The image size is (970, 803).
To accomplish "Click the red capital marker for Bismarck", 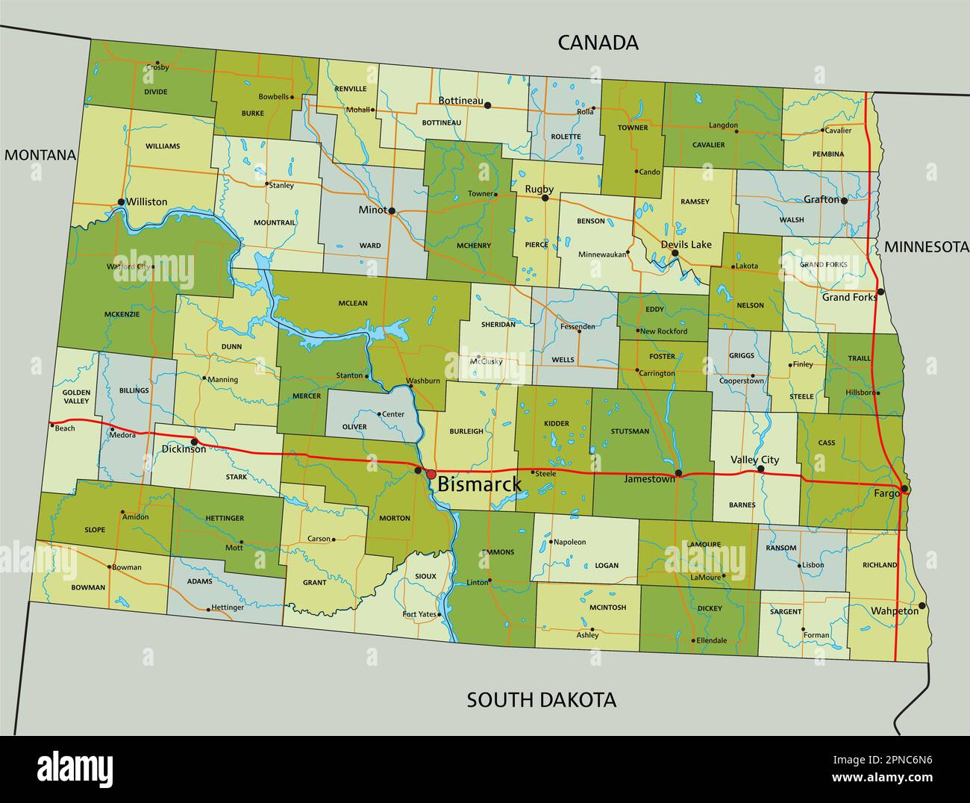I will [x=431, y=474].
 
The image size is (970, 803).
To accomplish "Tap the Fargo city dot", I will [x=904, y=489].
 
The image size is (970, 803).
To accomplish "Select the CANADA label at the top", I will [x=598, y=43].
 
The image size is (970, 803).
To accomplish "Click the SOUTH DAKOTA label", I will [x=541, y=700].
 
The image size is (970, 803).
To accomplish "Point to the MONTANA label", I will [x=40, y=155].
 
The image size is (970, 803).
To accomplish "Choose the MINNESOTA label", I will [x=926, y=247].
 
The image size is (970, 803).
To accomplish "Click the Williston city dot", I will [x=121, y=202].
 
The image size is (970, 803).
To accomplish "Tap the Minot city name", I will [x=372, y=210].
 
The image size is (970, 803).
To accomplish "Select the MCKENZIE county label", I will [x=122, y=314].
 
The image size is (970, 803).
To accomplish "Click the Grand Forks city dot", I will [x=880, y=292].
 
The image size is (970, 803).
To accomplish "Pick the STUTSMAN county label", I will [x=629, y=431].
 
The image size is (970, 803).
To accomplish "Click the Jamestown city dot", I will [x=678, y=473].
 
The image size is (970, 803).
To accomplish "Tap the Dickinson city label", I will [x=184, y=449].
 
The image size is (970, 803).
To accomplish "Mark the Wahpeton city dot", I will [x=922, y=605].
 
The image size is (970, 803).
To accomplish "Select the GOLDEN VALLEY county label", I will [x=76, y=396].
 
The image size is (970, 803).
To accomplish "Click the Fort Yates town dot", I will [x=439, y=615].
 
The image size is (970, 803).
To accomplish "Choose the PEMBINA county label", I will [x=828, y=154].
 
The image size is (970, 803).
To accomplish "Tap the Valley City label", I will [x=754, y=460].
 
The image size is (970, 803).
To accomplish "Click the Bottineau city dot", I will [x=487, y=105].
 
